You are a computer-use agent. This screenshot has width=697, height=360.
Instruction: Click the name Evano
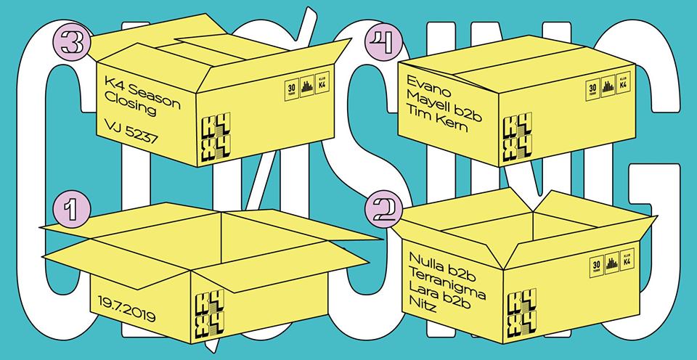431,94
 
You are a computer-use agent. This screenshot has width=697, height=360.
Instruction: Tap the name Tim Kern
439,125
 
